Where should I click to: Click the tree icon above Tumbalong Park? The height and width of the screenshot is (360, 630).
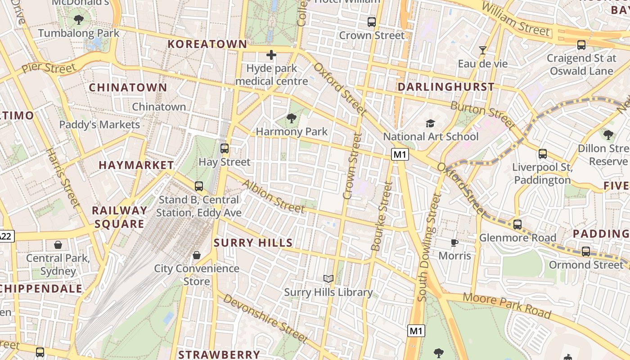(79, 20)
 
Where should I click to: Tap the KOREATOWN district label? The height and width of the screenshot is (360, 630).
(207, 44)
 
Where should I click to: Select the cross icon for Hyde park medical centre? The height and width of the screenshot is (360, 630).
(271, 55)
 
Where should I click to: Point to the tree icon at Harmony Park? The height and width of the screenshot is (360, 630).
(292, 119)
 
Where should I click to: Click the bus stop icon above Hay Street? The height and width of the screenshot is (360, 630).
(224, 148)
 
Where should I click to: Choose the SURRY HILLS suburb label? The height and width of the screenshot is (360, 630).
(253, 243)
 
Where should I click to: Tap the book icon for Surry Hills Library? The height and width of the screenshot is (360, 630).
(328, 279)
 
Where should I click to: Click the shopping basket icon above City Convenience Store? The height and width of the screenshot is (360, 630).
(197, 256)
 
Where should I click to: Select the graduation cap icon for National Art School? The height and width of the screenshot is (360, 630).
(431, 123)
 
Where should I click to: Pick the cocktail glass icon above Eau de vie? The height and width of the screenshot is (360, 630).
(483, 50)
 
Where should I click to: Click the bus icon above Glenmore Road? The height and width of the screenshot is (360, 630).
(517, 224)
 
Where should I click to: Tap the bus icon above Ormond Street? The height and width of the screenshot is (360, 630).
(586, 252)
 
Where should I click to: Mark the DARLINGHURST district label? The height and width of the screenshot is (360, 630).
(446, 87)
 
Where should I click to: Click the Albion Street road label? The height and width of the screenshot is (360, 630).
(274, 196)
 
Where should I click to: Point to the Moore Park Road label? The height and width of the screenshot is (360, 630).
(507, 305)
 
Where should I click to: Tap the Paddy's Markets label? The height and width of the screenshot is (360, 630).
(100, 125)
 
